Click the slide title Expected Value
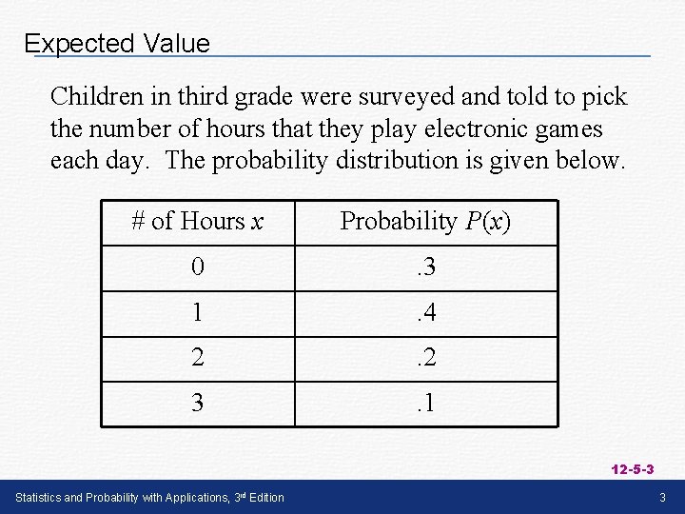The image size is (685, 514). (x=116, y=44)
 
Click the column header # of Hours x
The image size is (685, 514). (x=197, y=222)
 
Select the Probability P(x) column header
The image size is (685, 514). (x=425, y=222)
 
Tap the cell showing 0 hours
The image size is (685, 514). (x=197, y=267)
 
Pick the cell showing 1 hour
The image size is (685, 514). (x=197, y=312)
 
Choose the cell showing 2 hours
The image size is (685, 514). (x=197, y=358)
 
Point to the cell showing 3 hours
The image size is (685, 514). (x=197, y=403)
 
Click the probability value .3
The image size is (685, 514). (x=425, y=267)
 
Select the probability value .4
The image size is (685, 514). (x=425, y=312)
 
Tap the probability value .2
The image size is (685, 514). (x=425, y=358)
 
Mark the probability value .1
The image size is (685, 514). (x=425, y=403)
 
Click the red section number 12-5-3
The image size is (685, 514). (x=633, y=470)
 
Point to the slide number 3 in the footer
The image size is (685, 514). (x=663, y=498)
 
